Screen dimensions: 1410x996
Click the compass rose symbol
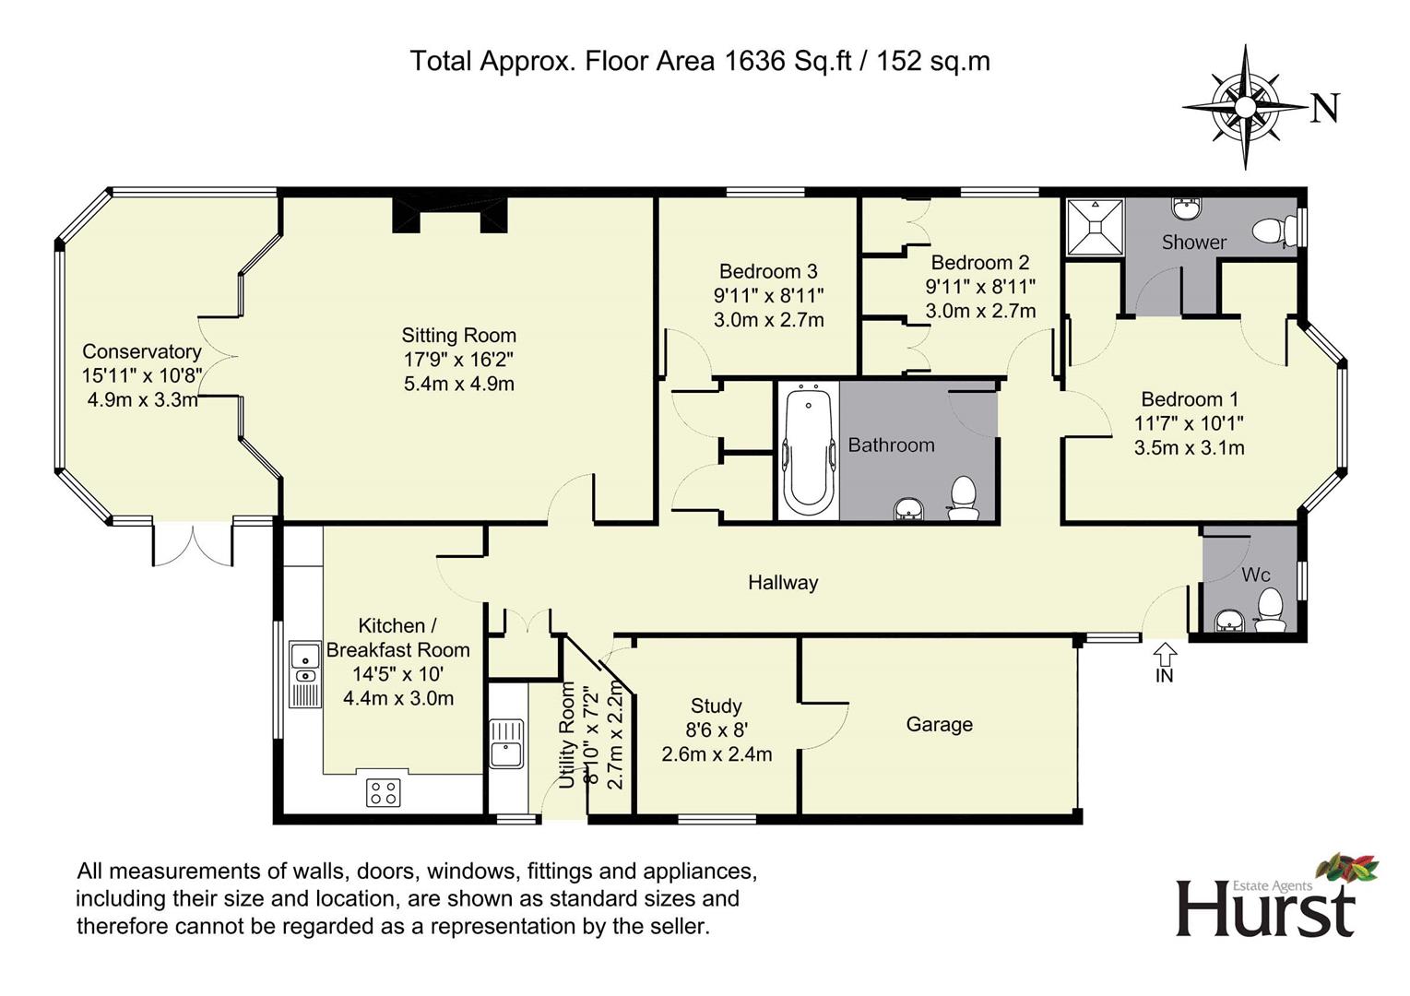pyautogui.click(x=1244, y=108)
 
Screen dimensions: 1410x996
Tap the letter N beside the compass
pyautogui.click(x=1326, y=108)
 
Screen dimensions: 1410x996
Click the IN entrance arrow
pyautogui.click(x=1165, y=654)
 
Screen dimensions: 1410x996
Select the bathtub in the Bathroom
pyautogui.click(x=809, y=451)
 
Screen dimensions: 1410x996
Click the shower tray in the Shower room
pyautogui.click(x=1096, y=227)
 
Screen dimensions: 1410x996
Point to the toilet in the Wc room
pyautogui.click(x=1270, y=611)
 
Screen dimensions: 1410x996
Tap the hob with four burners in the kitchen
pyautogui.click(x=384, y=792)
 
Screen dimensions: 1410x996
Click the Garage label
pyautogui.click(x=939, y=725)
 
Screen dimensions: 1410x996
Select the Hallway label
pyautogui.click(x=783, y=582)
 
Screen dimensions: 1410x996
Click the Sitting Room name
pyautogui.click(x=459, y=335)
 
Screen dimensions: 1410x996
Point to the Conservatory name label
pyautogui.click(x=142, y=351)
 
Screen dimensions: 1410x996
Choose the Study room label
pyautogui.click(x=717, y=705)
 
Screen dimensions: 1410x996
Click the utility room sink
pyautogui.click(x=506, y=744)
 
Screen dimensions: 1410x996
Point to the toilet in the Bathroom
pyautogui.click(x=963, y=498)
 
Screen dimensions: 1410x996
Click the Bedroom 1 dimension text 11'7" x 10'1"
pyautogui.click(x=1189, y=423)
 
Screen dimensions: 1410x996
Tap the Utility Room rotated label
pyautogui.click(x=568, y=735)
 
